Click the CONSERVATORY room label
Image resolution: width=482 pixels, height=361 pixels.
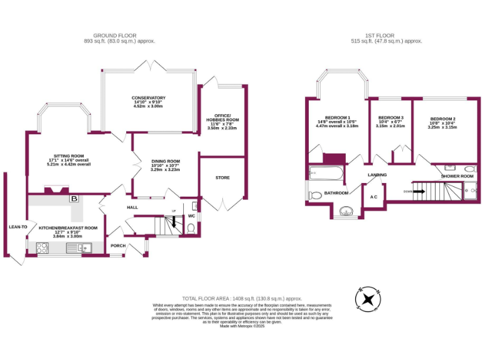coord(148,98)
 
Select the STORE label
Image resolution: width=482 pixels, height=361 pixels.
coord(222,177)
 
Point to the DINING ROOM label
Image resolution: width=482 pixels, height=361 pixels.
coord(166,161)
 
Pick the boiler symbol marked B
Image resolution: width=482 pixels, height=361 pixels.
coord(75,199)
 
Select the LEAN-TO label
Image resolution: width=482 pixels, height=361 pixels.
coord(18,226)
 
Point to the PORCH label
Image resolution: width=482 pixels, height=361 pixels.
coord(118,245)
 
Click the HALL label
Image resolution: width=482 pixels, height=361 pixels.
coord(132,207)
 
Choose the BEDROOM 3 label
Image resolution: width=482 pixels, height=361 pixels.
coord(390,118)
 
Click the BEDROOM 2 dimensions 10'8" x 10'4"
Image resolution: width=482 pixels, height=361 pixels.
coord(442,123)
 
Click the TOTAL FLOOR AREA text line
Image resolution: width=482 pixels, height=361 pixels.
coord(242,298)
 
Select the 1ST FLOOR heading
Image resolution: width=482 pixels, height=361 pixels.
coord(386,36)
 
